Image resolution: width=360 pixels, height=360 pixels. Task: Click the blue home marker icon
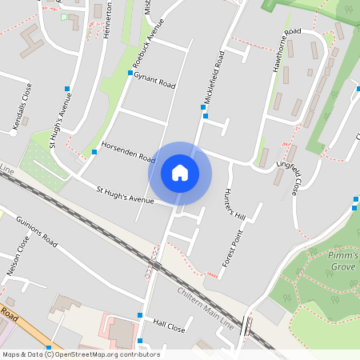pos(180,173)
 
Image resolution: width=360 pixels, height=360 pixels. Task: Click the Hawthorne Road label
pos(286,50)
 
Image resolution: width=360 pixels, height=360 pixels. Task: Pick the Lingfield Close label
pos(290,178)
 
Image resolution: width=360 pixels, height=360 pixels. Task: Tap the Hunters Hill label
pos(233,203)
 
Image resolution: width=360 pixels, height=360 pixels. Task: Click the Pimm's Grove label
pos(343,260)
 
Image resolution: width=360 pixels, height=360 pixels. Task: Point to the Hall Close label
pos(169,328)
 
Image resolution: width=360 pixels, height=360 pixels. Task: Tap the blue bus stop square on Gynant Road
pos(130,73)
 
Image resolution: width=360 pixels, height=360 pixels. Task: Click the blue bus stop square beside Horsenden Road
pos(94,150)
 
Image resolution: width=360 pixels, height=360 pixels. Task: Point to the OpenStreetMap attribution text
pos(81,354)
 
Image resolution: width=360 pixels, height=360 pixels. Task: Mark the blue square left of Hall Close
pos(140,316)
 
